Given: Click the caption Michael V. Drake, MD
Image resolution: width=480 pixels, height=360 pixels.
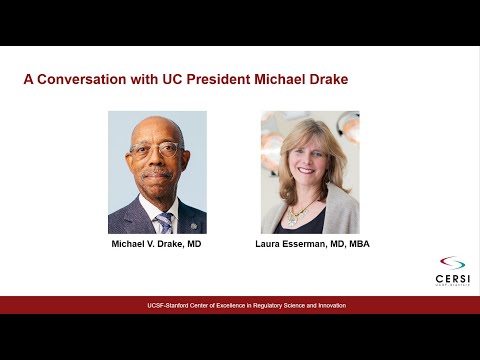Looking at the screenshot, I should [x=156, y=243].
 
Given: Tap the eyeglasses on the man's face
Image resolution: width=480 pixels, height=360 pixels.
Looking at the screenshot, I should [x=156, y=151].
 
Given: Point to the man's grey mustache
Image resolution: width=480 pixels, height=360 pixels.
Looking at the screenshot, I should [x=156, y=172].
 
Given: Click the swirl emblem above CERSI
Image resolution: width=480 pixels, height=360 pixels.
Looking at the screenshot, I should [x=452, y=262].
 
